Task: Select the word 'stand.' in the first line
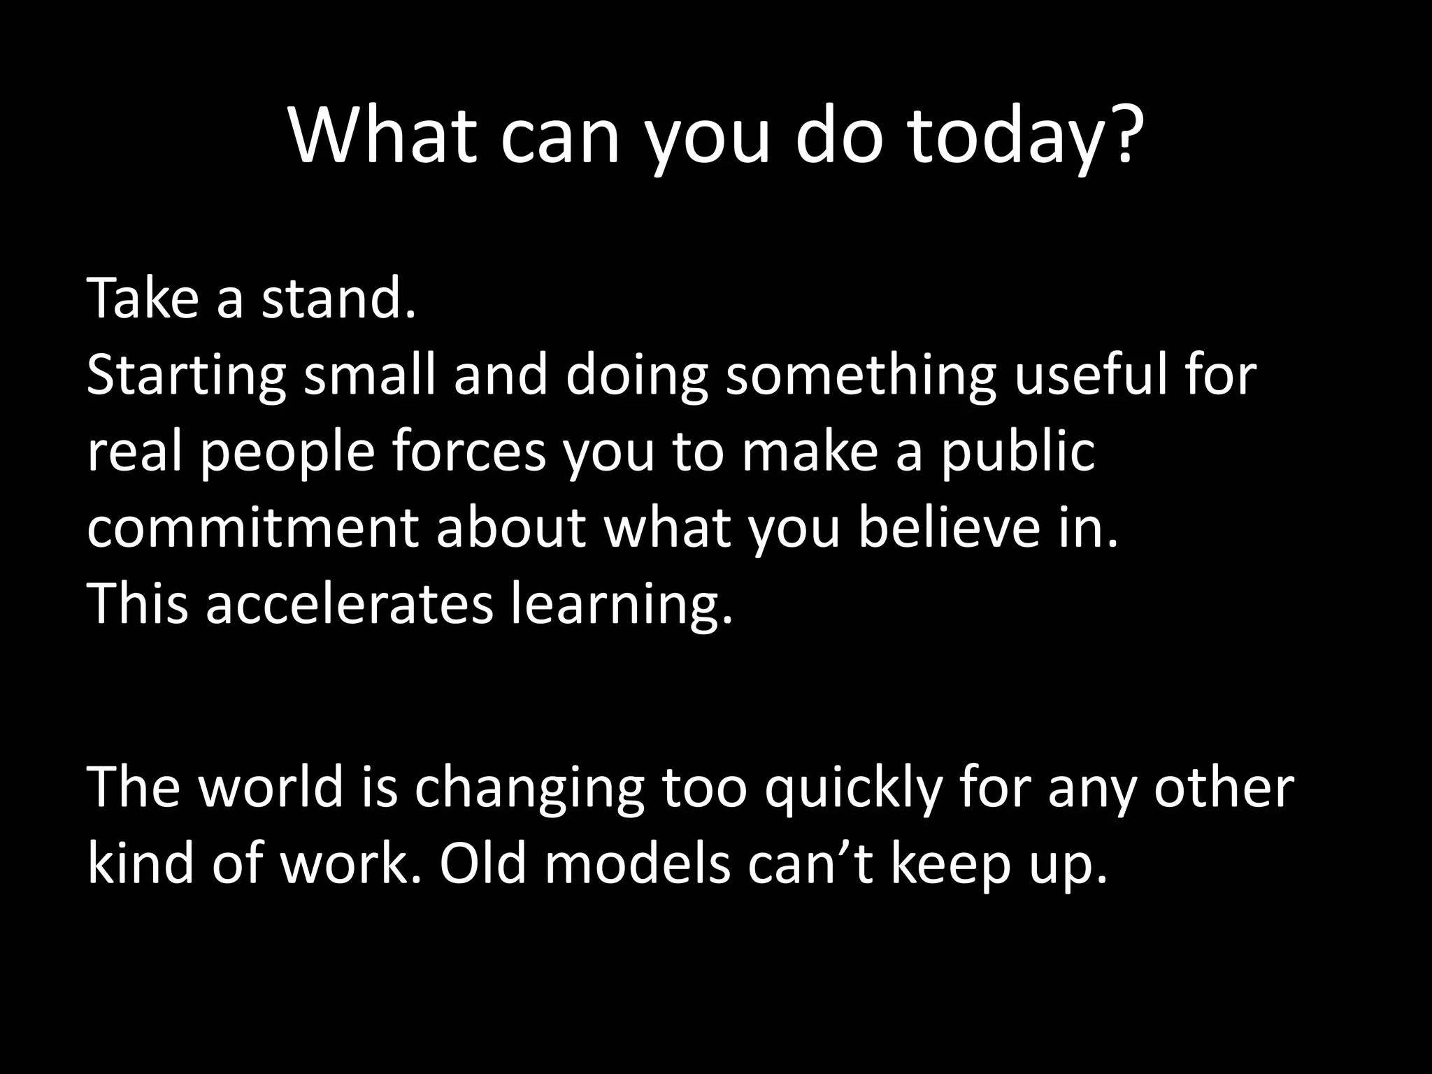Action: (x=338, y=299)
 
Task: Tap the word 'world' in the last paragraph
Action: (x=271, y=788)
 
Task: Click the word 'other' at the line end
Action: (x=1224, y=788)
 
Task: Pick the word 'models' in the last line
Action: (x=637, y=864)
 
